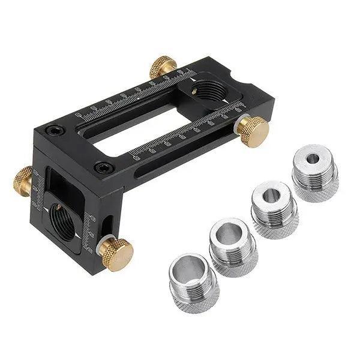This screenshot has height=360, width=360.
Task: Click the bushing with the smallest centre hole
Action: coord(314,160)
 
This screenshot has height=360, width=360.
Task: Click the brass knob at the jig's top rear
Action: coord(163,66)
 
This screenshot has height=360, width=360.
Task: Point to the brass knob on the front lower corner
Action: coord(117,253)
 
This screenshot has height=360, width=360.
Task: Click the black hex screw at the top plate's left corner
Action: coord(55,128)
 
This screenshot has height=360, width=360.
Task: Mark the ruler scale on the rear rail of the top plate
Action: coord(135,96)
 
